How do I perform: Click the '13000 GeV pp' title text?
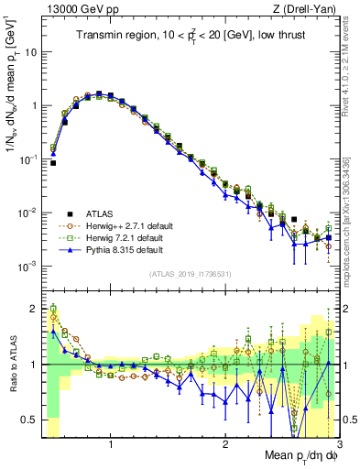78,8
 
